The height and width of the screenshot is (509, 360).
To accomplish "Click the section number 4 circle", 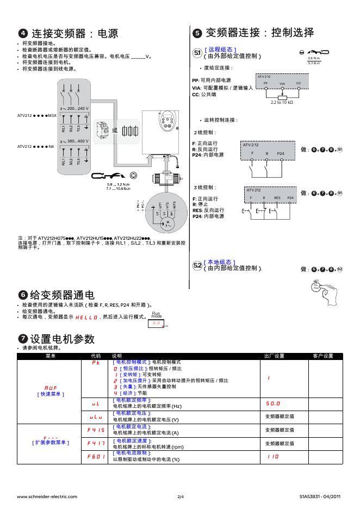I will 23,34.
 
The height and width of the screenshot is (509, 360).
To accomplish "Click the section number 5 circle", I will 198,33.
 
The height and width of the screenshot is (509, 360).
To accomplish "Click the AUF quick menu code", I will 51,387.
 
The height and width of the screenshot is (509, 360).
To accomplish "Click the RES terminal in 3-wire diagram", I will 277,198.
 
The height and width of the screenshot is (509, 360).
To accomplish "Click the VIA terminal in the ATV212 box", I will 282,83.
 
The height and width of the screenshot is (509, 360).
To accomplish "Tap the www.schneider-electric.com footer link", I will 47,496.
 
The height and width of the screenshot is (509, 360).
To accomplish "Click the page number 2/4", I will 181,496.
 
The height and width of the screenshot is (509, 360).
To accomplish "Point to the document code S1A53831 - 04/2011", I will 320,496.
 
